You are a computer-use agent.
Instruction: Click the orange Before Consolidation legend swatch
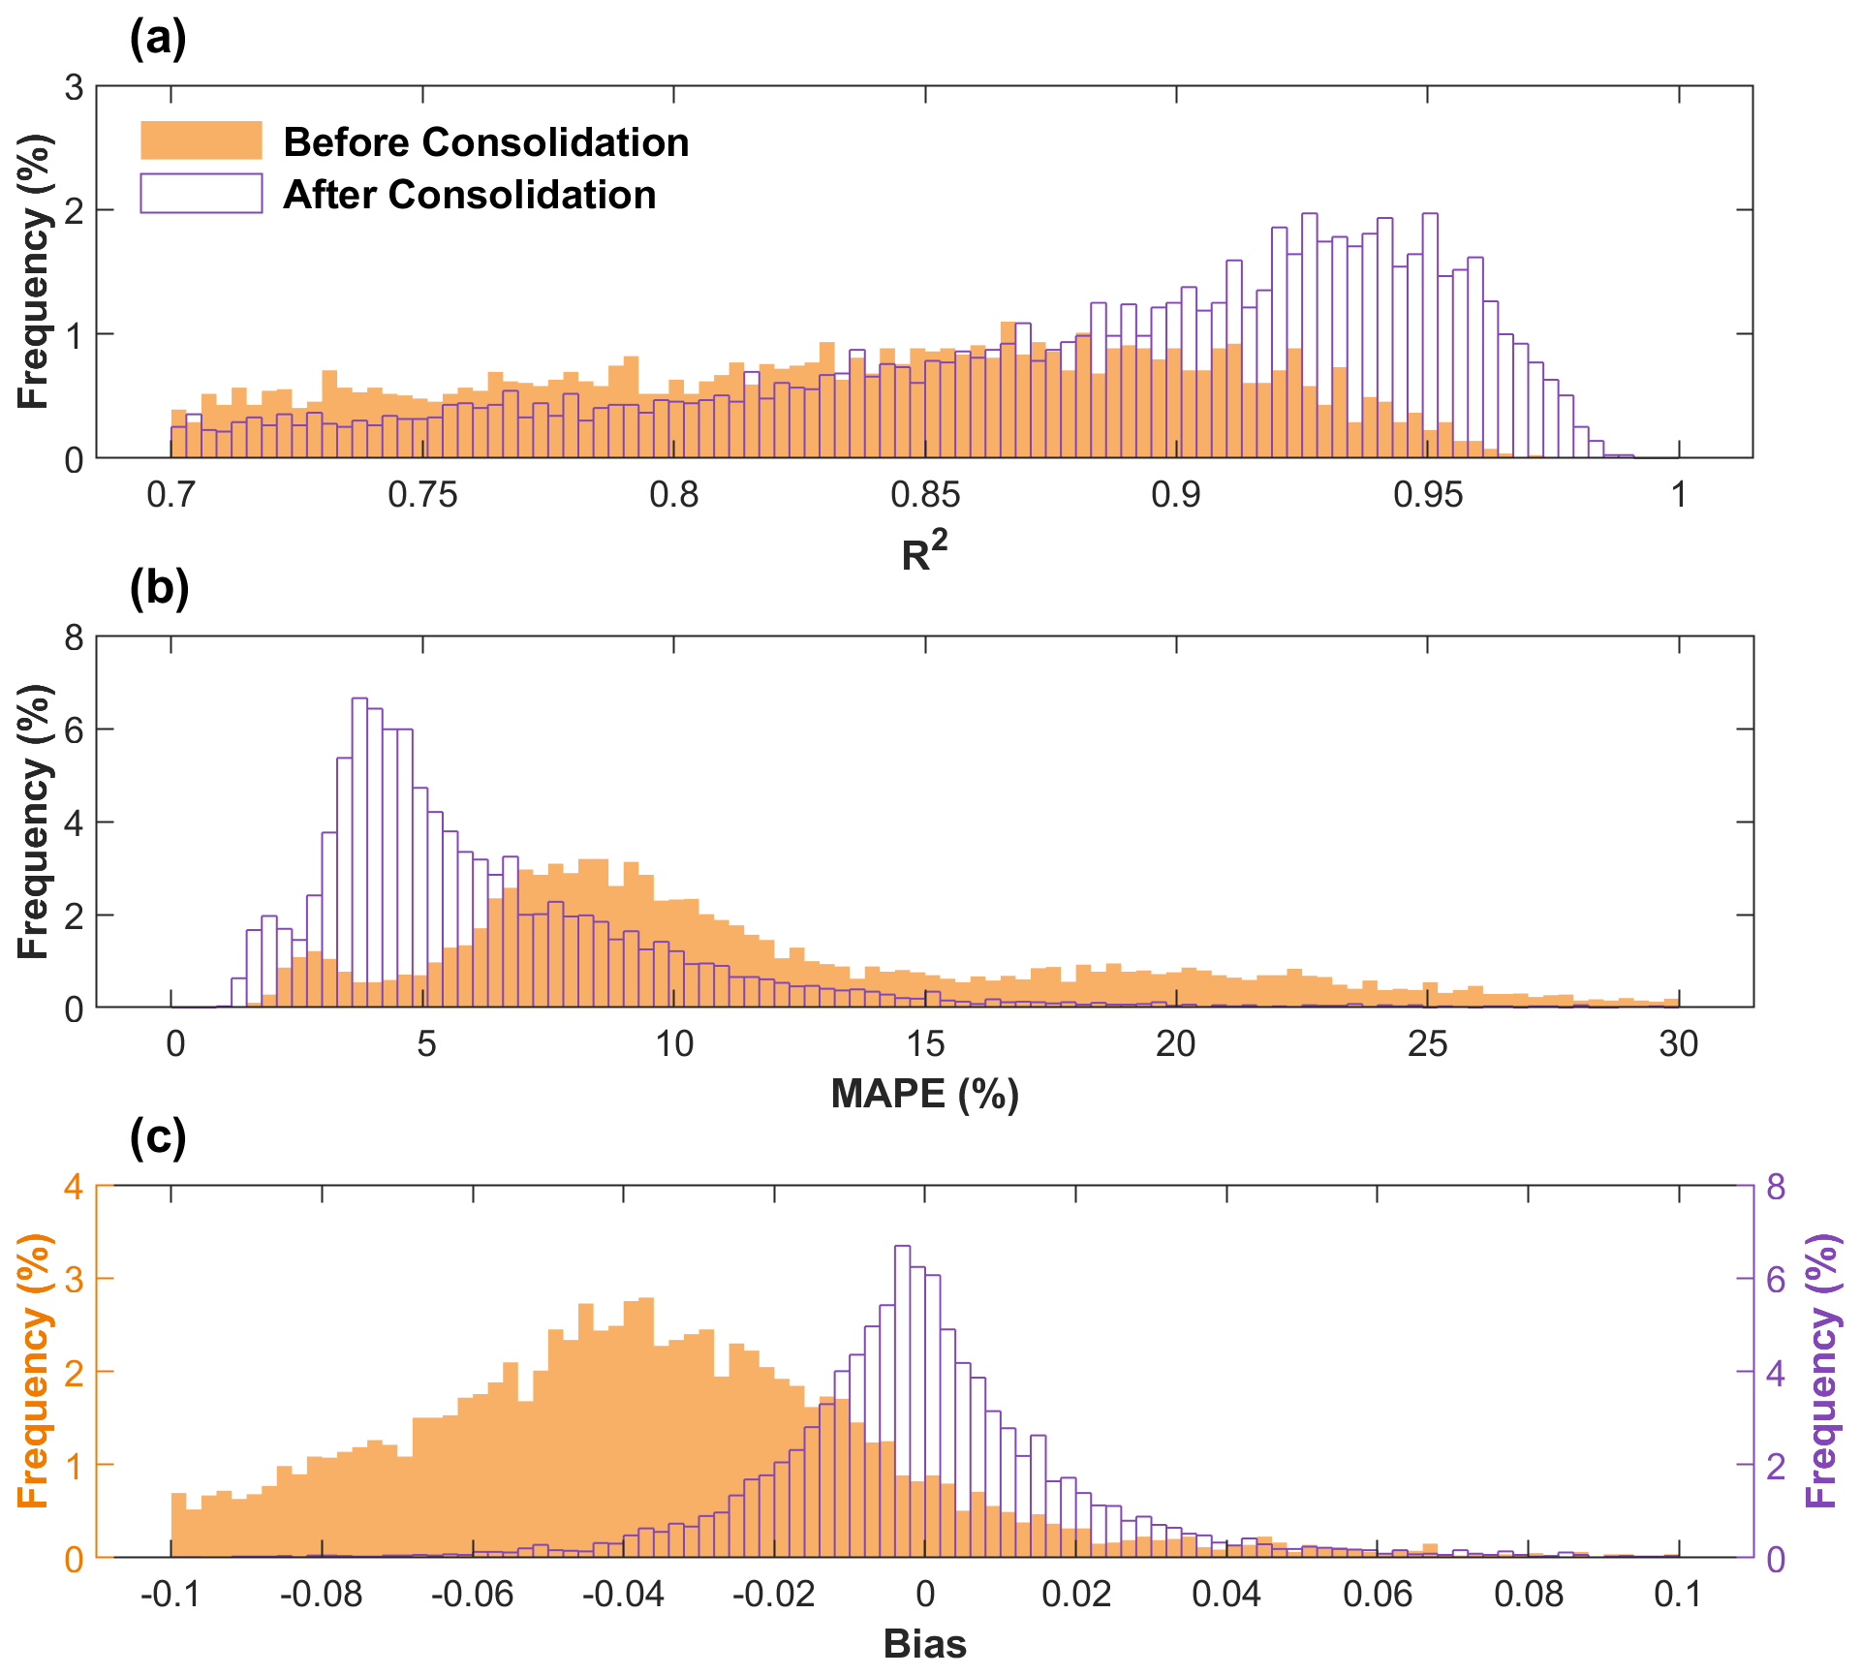(x=202, y=140)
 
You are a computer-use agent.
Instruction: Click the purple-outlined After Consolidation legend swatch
(x=202, y=193)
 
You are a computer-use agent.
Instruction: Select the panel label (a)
(x=158, y=39)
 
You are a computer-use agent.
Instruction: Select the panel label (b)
(x=159, y=588)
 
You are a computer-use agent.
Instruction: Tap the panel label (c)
(x=158, y=1137)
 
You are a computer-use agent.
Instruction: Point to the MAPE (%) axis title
(x=924, y=1094)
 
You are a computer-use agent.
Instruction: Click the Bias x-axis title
(x=924, y=1644)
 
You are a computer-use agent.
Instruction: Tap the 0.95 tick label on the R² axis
(x=1427, y=495)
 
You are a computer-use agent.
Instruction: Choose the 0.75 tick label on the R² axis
(x=422, y=495)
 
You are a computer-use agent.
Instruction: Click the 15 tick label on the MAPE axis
(x=924, y=1043)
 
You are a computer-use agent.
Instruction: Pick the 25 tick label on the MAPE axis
(x=1427, y=1043)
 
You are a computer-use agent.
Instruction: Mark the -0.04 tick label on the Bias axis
(x=623, y=1594)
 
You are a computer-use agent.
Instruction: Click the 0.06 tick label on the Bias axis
(x=1377, y=1594)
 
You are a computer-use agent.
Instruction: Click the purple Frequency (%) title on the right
(x=1821, y=1371)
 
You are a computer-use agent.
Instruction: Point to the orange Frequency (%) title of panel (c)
(x=33, y=1371)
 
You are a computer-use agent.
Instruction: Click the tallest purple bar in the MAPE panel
(x=359, y=853)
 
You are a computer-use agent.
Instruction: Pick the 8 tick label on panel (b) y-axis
(x=75, y=637)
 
